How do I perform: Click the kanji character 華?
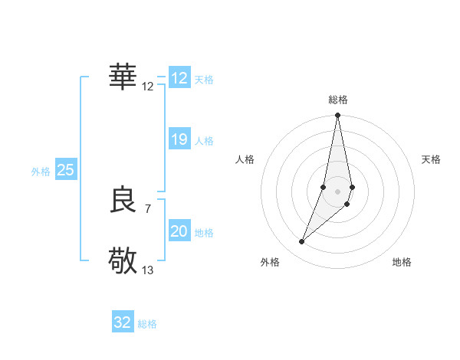click(123, 77)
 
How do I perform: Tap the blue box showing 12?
click(179, 78)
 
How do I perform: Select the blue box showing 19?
click(179, 139)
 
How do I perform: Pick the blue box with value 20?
click(179, 231)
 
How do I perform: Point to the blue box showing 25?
click(66, 170)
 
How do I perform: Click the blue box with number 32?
click(123, 322)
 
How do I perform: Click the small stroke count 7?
click(148, 208)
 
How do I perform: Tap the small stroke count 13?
click(148, 270)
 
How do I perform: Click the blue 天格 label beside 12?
click(204, 80)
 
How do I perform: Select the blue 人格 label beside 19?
click(204, 141)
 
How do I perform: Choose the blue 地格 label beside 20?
click(204, 233)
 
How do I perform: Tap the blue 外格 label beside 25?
click(41, 172)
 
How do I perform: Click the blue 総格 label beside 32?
click(147, 324)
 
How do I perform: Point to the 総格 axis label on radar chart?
click(338, 100)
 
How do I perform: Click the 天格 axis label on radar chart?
click(432, 159)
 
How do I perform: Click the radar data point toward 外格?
click(302, 242)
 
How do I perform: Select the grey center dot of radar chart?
click(338, 191)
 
